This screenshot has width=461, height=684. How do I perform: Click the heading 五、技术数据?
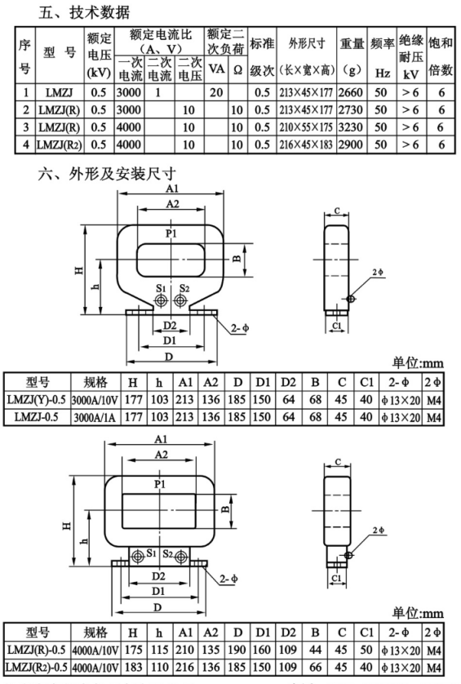coord(84,12)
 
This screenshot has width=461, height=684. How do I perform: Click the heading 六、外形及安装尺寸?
coord(107,174)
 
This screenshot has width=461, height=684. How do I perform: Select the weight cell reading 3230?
coord(351,127)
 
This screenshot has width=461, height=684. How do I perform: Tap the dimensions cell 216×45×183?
coord(306,144)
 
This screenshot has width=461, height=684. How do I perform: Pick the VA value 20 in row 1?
coord(216,92)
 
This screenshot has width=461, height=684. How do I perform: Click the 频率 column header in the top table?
coord(382,43)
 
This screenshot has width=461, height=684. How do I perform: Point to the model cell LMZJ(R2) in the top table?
coord(60,144)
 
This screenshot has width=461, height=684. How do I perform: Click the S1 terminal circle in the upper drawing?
coord(162,300)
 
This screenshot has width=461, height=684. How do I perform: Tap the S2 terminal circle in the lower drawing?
coord(181,557)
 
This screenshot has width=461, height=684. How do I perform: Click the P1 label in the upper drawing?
coord(171,233)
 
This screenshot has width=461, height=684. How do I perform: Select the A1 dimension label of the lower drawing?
coord(161,439)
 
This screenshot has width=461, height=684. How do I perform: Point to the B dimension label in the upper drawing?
coord(236,258)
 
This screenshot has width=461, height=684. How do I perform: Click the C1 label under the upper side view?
coord(337,326)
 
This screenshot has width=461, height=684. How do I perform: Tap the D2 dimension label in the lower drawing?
coord(159,576)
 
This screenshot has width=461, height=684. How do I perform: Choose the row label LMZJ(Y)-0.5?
coord(37,399)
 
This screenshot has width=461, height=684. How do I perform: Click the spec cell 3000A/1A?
coord(95,417)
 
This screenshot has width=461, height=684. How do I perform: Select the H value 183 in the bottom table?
coord(133,667)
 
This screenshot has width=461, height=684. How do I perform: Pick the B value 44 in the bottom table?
coord(315,650)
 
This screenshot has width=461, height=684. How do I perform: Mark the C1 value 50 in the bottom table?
coord(366,650)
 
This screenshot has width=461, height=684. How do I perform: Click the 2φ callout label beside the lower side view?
coord(379,531)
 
